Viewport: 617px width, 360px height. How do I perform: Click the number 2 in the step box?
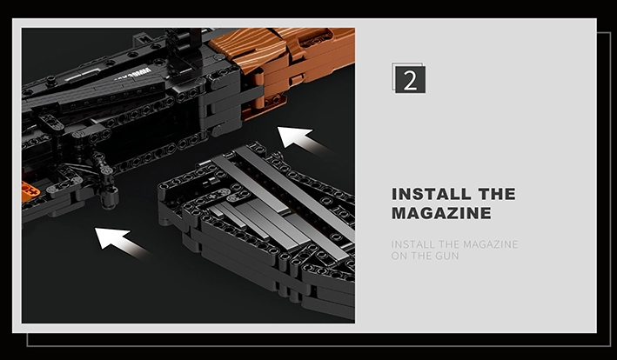(410, 80)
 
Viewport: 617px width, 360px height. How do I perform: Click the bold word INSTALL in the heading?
(432, 194)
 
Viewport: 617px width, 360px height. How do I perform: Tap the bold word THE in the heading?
(497, 194)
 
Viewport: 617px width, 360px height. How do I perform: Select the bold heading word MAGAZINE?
(441, 213)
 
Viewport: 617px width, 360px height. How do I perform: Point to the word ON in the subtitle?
(399, 256)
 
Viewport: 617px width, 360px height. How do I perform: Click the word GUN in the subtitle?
(447, 256)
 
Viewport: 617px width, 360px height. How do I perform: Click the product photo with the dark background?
(188, 176)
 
